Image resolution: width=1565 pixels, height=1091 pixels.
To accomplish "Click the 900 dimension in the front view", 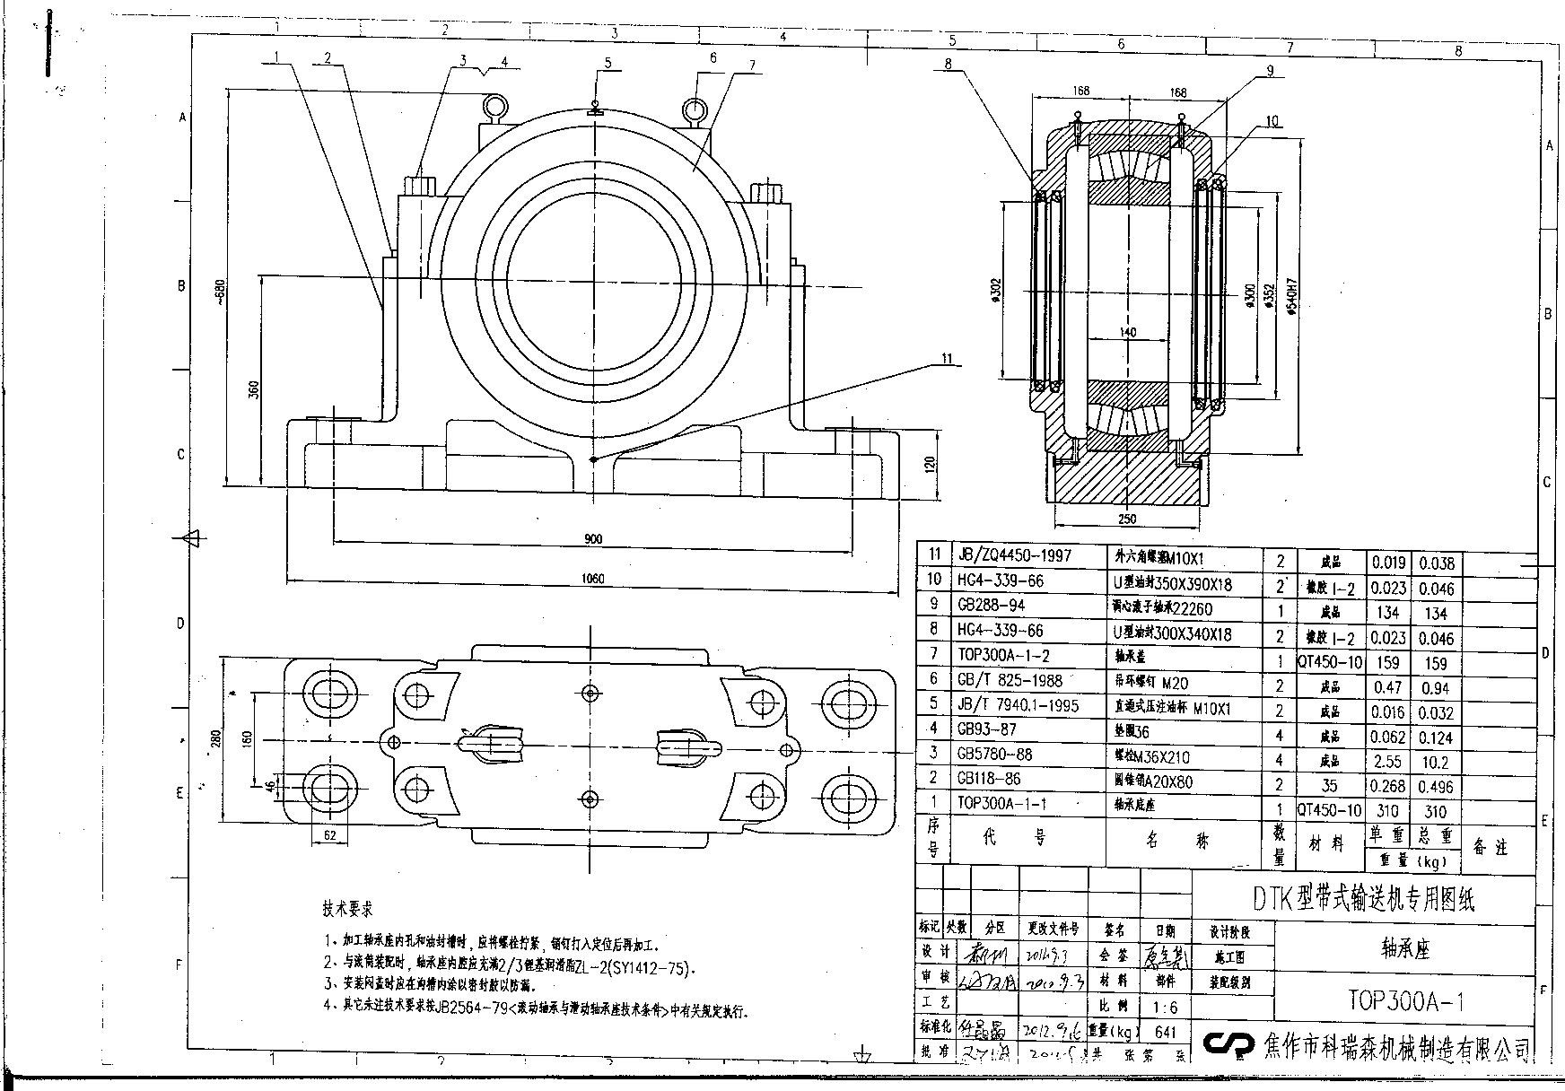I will click(x=593, y=538).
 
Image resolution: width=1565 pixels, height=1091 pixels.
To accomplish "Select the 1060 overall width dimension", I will click(x=593, y=579).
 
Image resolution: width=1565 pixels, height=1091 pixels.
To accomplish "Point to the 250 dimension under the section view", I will click(x=1128, y=519).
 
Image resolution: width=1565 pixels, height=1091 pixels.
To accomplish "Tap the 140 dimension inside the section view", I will click(x=1128, y=332).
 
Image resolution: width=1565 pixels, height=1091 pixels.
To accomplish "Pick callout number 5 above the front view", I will click(x=608, y=63).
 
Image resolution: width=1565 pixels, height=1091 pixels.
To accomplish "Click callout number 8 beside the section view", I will click(x=948, y=63).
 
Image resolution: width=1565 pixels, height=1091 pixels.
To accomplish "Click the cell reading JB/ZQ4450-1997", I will click(x=1014, y=556).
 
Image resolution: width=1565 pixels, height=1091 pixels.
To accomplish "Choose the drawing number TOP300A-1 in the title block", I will click(x=1406, y=999).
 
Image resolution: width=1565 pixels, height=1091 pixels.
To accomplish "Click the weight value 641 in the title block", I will click(x=1165, y=1032).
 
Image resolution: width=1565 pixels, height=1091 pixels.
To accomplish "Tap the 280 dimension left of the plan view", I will click(x=214, y=739).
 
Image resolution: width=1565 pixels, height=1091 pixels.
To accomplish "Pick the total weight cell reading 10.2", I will click(x=1436, y=762).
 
